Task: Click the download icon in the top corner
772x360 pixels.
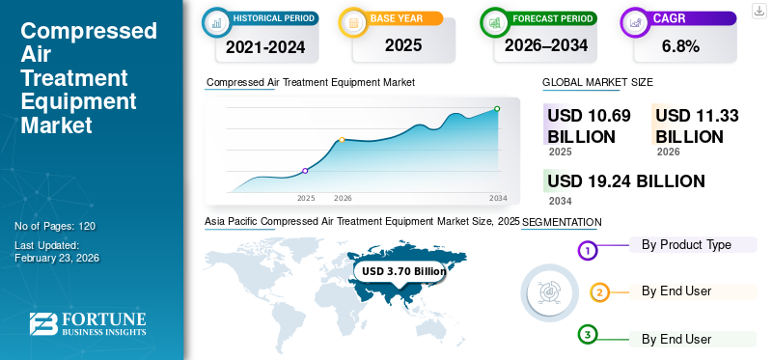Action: (x=758, y=11)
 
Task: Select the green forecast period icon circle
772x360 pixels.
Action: (x=495, y=20)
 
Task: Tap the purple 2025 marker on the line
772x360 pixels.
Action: (x=306, y=171)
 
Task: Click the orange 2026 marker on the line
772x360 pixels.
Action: (x=342, y=140)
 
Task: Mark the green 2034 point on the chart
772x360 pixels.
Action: (x=497, y=109)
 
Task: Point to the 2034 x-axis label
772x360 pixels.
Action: (x=498, y=198)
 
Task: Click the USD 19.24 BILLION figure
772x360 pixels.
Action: (x=625, y=180)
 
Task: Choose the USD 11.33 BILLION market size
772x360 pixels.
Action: (x=697, y=125)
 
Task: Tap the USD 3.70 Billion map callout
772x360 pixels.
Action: (x=400, y=272)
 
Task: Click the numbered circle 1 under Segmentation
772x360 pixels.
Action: (x=589, y=251)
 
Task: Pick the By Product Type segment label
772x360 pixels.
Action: (x=686, y=245)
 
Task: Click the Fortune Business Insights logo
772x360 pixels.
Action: (x=88, y=324)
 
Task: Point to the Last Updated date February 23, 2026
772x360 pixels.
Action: (x=58, y=258)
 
